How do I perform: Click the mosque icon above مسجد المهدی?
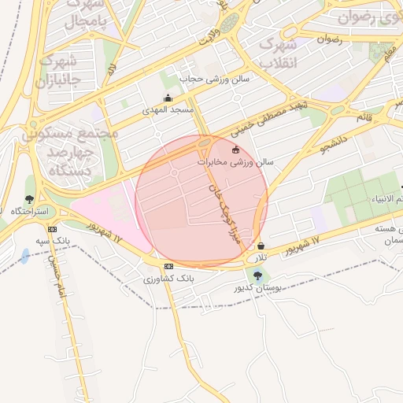click(x=168, y=98)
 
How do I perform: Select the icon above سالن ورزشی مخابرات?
click(x=235, y=150)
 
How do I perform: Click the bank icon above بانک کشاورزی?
click(x=168, y=267)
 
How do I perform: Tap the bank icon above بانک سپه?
click(x=53, y=229)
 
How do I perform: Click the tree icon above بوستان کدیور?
click(x=258, y=275)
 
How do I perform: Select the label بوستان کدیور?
click(x=257, y=287)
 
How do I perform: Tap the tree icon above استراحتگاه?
click(x=30, y=200)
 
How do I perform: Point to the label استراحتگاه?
click(x=30, y=212)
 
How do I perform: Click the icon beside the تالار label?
click(x=261, y=246)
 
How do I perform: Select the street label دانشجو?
click(x=333, y=142)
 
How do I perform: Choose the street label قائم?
click(x=364, y=116)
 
